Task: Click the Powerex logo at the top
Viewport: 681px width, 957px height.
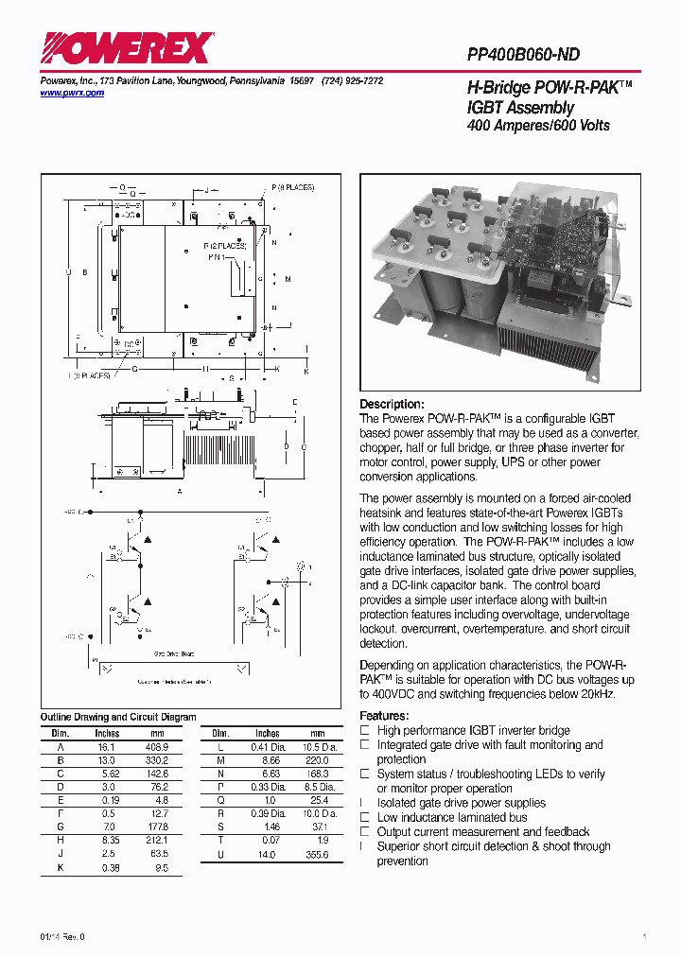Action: pos(126,47)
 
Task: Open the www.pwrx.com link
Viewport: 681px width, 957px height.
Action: pos(72,93)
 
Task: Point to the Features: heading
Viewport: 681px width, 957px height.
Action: pos(384,716)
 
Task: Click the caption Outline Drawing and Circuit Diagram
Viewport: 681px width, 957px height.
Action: pos(118,717)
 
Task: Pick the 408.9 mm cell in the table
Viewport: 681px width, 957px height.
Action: pos(156,746)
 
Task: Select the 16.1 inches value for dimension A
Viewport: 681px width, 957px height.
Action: pos(107,746)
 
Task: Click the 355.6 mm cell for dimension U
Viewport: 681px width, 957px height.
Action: pos(317,854)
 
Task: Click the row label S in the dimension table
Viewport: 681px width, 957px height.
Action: pos(219,826)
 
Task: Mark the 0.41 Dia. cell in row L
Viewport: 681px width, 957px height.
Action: pos(268,746)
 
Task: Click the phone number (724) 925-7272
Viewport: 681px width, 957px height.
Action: pos(352,81)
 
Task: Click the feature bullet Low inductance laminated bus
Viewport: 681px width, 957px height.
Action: pos(452,817)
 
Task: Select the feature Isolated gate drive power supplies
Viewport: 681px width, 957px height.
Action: pos(461,803)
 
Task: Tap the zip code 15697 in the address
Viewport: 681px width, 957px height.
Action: pos(302,81)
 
